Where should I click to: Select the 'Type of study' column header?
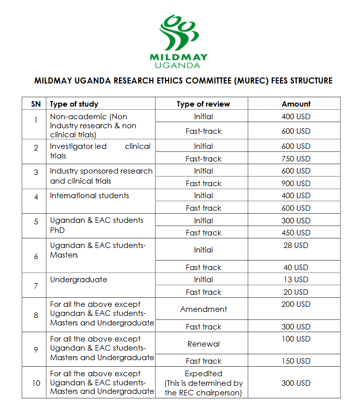pyautogui.click(x=74, y=104)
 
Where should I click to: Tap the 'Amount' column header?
pyautogui.click(x=296, y=104)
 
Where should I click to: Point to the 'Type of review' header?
pyautogui.click(x=203, y=104)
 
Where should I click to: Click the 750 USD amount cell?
pyautogui.click(x=296, y=158)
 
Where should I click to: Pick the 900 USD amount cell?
pyautogui.click(x=296, y=184)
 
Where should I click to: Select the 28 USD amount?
pyautogui.click(x=296, y=245)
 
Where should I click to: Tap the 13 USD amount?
pyautogui.click(x=296, y=280)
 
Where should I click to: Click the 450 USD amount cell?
pyautogui.click(x=296, y=233)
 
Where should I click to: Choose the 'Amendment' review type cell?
pyautogui.click(x=203, y=309)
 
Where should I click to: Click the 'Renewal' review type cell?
pyautogui.click(x=203, y=344)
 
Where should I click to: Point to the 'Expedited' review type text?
pyautogui.click(x=203, y=374)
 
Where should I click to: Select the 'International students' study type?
pyautogui.click(x=90, y=196)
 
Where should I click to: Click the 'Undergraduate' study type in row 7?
pyautogui.click(x=79, y=280)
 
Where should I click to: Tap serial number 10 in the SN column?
pyautogui.click(x=36, y=383)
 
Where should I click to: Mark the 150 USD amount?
pyautogui.click(x=296, y=361)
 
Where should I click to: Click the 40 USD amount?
pyautogui.click(x=296, y=268)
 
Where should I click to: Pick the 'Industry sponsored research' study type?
pyautogui.click(x=101, y=171)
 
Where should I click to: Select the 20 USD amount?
pyautogui.click(x=296, y=292)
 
